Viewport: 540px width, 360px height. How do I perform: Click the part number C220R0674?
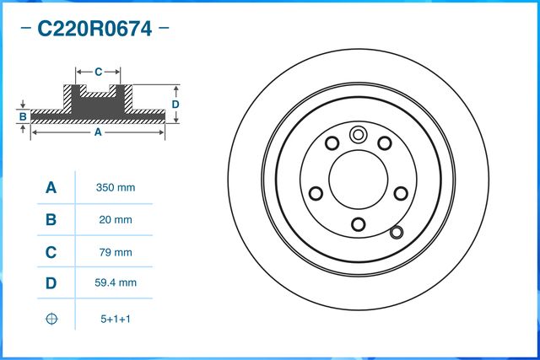tap(94, 30)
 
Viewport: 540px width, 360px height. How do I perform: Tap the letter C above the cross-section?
tap(98, 72)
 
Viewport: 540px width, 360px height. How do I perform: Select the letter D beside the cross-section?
tap(175, 104)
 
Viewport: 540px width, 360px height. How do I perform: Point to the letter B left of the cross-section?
tap(24, 116)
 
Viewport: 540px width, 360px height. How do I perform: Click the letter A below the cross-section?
tap(97, 132)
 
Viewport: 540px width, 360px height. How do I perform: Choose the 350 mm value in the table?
tap(117, 187)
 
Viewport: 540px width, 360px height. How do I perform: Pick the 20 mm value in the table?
tap(117, 219)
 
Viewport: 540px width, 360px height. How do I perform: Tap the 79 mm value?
tap(117, 251)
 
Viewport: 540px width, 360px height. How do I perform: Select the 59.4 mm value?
tap(117, 283)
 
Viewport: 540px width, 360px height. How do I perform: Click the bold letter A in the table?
tap(51, 187)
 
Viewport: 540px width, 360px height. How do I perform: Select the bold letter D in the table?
tap(51, 283)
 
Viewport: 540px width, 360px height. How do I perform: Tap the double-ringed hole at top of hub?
tap(358, 133)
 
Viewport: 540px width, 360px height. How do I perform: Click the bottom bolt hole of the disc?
tap(358, 223)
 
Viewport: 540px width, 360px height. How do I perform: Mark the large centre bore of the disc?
tap(358, 178)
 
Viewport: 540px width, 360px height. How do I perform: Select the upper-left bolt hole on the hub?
tap(332, 142)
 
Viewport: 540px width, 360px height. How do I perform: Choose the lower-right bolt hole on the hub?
tap(400, 192)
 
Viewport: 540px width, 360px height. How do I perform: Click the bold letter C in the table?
tap(51, 251)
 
